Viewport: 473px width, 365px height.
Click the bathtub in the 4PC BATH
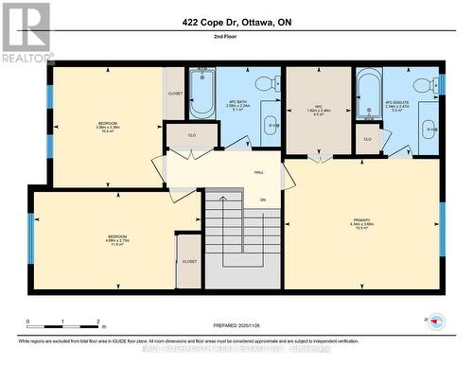[x=202, y=93]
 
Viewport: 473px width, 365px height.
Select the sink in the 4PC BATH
[x=271, y=123]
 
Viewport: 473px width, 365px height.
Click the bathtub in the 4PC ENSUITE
[x=369, y=93]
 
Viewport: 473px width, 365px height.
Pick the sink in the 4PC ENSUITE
[x=429, y=126]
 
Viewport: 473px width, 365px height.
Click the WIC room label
[x=319, y=107]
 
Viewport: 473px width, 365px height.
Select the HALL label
[x=258, y=172]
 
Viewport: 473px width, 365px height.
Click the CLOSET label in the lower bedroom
[x=189, y=261]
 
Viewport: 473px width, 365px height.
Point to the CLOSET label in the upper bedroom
[x=175, y=94]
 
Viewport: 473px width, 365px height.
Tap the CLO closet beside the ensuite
[x=367, y=139]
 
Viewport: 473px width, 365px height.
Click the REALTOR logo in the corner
[x=26, y=32]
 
